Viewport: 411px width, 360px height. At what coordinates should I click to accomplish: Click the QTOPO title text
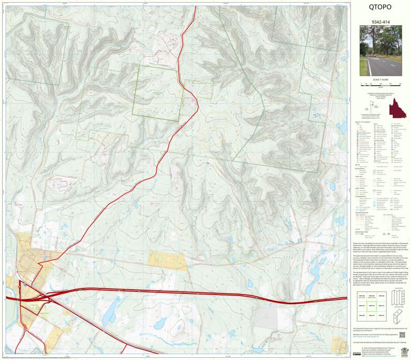pyautogui.click(x=380, y=8)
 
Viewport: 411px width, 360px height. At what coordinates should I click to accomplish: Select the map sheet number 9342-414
pyautogui.click(x=380, y=23)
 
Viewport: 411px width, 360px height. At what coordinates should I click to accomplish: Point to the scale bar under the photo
pyautogui.click(x=380, y=85)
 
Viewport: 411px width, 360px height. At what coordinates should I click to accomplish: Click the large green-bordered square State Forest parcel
pyautogui.click(x=161, y=89)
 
